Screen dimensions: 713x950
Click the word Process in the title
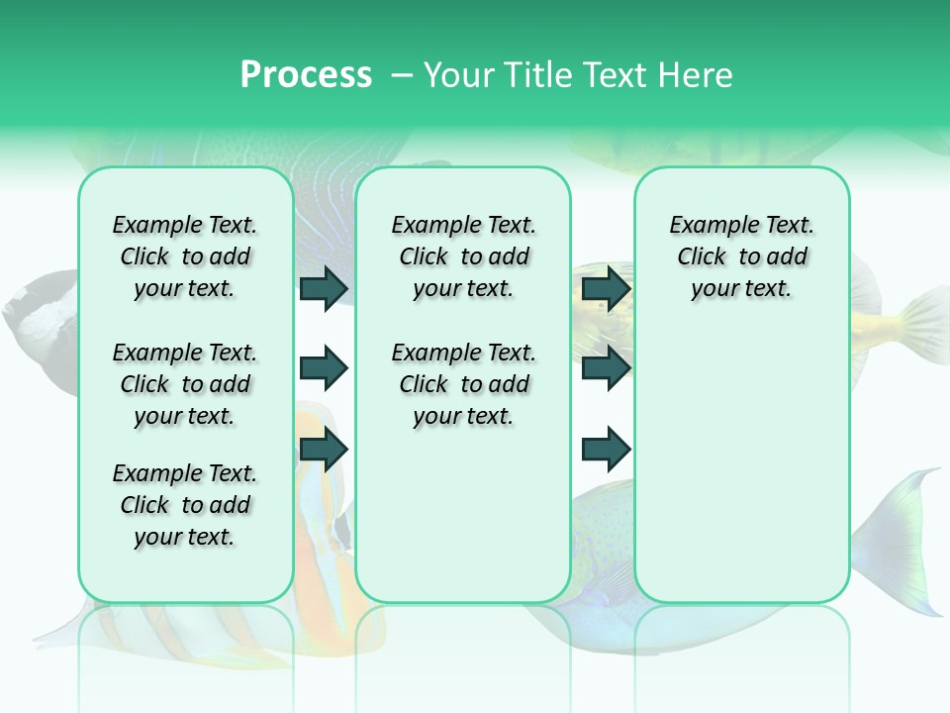[x=306, y=75]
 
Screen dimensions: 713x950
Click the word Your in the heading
[x=460, y=75]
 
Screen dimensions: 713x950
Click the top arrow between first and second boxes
[x=324, y=289]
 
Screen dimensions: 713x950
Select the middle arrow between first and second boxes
[x=324, y=369]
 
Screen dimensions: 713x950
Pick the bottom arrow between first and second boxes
[x=324, y=450]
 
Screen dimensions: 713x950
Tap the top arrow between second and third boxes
[x=606, y=289]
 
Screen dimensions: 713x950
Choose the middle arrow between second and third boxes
[x=606, y=369]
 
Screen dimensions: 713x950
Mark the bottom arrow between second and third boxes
[x=606, y=450]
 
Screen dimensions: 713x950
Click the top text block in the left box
[x=184, y=256]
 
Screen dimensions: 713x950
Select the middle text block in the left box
[x=184, y=384]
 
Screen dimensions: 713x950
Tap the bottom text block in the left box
[x=184, y=505]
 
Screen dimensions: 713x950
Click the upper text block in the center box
[x=463, y=256]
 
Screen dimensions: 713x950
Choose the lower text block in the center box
[x=463, y=384]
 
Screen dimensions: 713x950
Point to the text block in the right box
[x=741, y=256]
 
